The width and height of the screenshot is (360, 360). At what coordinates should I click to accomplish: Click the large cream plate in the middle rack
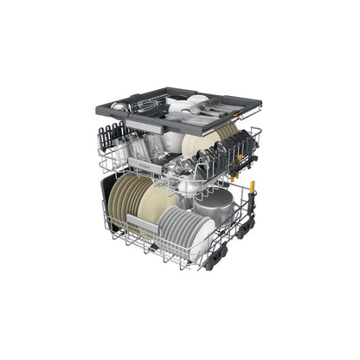click(x=196, y=145)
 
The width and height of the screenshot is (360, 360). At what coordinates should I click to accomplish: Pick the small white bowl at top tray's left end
click(x=121, y=106)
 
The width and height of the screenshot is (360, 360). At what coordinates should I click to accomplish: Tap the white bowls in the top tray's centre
click(x=183, y=106)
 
